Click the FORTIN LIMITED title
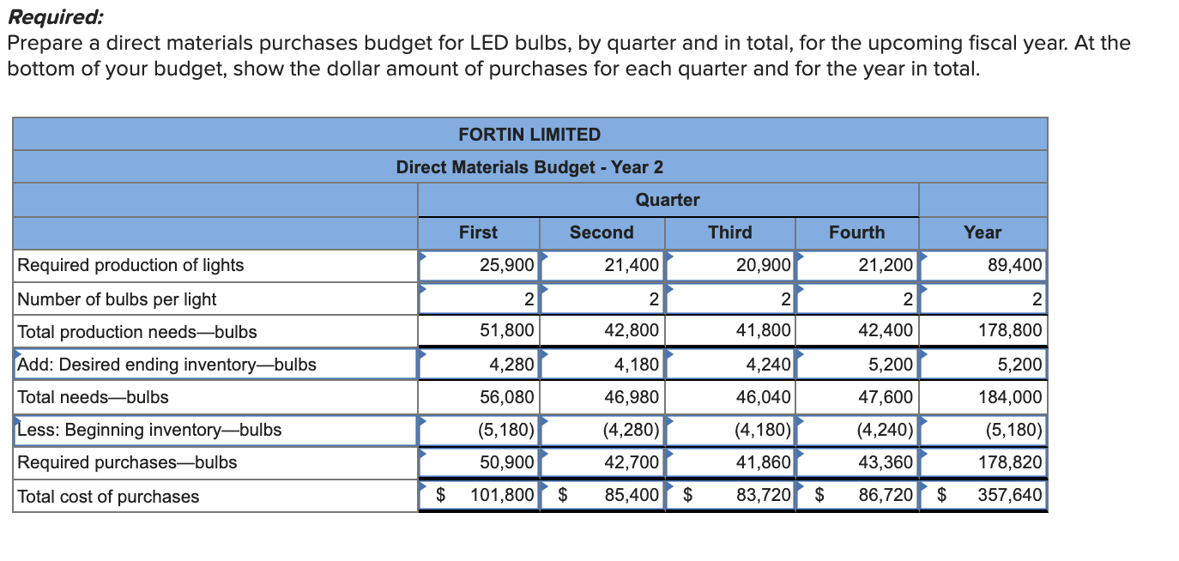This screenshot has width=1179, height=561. point(529,135)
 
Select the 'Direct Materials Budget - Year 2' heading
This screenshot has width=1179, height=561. point(529,167)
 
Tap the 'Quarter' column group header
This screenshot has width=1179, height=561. point(668,200)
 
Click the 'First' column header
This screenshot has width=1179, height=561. point(478,232)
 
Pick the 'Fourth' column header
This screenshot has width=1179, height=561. point(856,232)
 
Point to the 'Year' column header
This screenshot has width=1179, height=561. point(982,232)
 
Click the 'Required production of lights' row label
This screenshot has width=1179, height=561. point(131,265)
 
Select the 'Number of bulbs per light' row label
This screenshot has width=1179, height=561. point(118,299)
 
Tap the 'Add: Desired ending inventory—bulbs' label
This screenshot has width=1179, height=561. point(167,365)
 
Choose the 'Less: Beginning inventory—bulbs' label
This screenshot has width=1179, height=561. point(150,430)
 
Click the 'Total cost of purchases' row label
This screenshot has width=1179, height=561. point(109,497)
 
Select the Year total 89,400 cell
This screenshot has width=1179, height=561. point(1015,265)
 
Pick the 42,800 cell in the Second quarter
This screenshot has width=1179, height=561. point(632,332)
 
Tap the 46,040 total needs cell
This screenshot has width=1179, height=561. point(763,397)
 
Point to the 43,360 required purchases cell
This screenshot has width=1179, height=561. point(886,462)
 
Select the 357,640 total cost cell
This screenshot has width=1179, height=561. point(1010,496)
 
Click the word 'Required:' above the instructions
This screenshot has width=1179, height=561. point(54,16)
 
